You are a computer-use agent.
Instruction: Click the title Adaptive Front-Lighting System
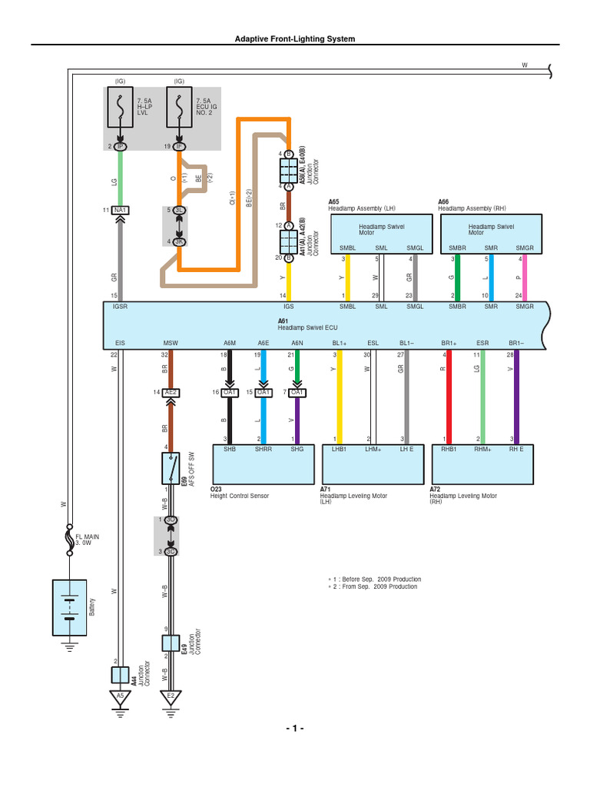(295, 38)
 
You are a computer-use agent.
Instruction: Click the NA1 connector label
(120, 210)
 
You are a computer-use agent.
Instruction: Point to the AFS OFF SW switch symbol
(171, 466)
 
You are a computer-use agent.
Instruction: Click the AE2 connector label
(171, 392)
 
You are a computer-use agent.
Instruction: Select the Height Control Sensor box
(262, 462)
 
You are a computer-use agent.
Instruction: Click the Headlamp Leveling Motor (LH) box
(371, 462)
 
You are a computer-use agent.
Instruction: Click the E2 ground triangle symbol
(171, 697)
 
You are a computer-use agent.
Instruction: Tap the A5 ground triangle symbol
(119, 697)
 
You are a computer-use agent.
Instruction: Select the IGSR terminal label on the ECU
(120, 306)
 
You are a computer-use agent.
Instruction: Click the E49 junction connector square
(171, 643)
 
